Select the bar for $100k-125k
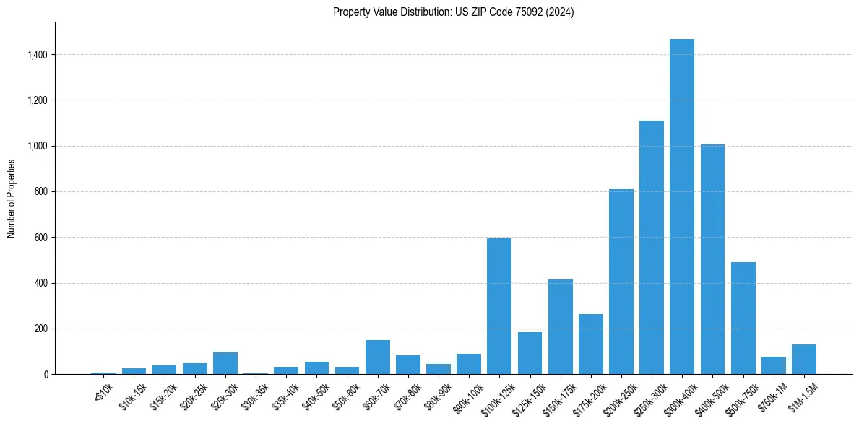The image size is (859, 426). tap(498, 306)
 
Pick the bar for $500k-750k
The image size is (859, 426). tap(743, 318)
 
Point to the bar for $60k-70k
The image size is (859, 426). tap(377, 357)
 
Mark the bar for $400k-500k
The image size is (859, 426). tap(712, 259)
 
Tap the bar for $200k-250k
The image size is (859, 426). tap(621, 282)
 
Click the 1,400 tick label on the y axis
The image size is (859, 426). tap(35, 55)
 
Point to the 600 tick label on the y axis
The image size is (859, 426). tap(40, 238)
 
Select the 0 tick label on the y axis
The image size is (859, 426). tap(45, 375)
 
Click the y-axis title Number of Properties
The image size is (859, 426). tap(12, 199)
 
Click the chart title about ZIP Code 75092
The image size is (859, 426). tap(453, 12)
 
